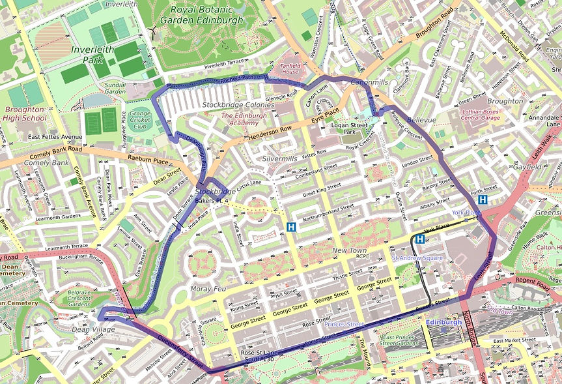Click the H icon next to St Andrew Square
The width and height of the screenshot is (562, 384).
tap(420, 240)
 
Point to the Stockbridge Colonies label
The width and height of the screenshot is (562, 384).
tap(238, 104)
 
